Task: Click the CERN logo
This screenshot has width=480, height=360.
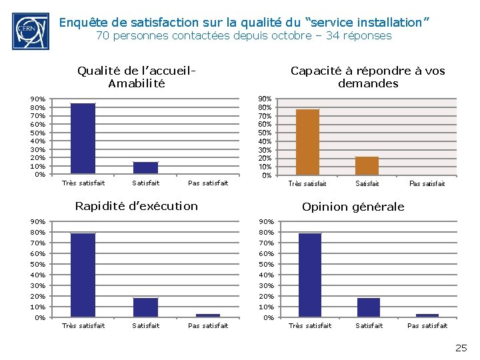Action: coord(30,31)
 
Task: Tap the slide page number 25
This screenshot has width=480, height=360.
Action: coord(461,347)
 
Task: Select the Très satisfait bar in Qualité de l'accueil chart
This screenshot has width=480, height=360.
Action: coord(83,139)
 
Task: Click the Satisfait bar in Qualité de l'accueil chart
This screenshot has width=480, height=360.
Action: coord(145,168)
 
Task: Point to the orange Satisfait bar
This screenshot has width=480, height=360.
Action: coord(367,166)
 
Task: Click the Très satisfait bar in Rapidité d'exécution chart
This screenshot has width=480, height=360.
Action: coord(83,275)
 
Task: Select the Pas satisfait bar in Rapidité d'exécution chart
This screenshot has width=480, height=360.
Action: coord(208,315)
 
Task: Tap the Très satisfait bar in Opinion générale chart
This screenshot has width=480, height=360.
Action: coord(310,275)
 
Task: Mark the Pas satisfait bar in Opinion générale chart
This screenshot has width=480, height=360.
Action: coord(427,315)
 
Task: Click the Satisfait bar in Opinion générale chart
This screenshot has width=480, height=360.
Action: coord(369,307)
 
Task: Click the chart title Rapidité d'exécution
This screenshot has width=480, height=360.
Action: coord(136,206)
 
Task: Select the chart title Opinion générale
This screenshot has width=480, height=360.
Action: coord(353,207)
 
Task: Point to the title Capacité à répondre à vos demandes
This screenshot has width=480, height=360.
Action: coord(367,77)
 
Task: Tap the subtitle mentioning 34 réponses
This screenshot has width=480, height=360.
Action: coord(243,36)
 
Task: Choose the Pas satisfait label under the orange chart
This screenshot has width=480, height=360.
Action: coord(427,183)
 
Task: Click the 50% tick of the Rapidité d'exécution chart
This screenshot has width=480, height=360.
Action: coord(38,264)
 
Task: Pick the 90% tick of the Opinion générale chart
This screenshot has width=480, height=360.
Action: coord(265,221)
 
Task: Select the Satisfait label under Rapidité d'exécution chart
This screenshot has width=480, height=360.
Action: coord(146,325)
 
